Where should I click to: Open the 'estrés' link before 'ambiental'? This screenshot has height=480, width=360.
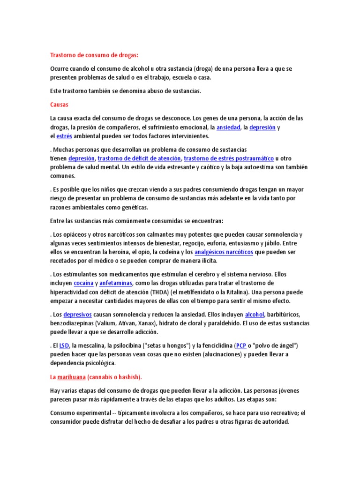pos(64,136)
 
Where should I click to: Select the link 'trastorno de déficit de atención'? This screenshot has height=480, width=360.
pos(139,158)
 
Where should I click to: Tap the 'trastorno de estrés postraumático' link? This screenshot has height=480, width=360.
pos(229,158)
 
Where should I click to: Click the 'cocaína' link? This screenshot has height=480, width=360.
pos(84,283)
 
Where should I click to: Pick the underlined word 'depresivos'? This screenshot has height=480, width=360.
pos(77,315)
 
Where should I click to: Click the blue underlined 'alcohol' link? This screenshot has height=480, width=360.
pos(255,315)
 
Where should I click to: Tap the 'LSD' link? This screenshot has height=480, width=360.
pos(64,346)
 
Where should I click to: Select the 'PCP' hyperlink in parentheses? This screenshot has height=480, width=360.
pos(241,346)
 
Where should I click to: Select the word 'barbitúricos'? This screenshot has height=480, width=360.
pos(284,315)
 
